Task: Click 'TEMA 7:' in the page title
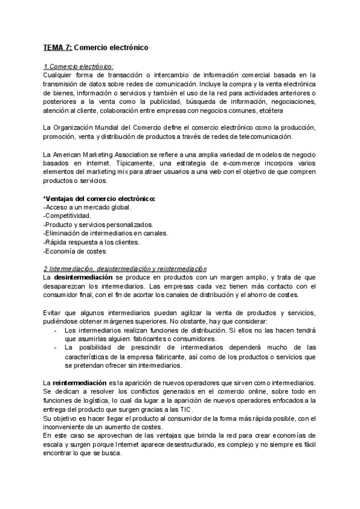coord(57,46)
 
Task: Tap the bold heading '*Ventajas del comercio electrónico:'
coord(100,199)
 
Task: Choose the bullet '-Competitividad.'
coord(67,215)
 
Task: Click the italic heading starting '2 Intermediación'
coord(124,268)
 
